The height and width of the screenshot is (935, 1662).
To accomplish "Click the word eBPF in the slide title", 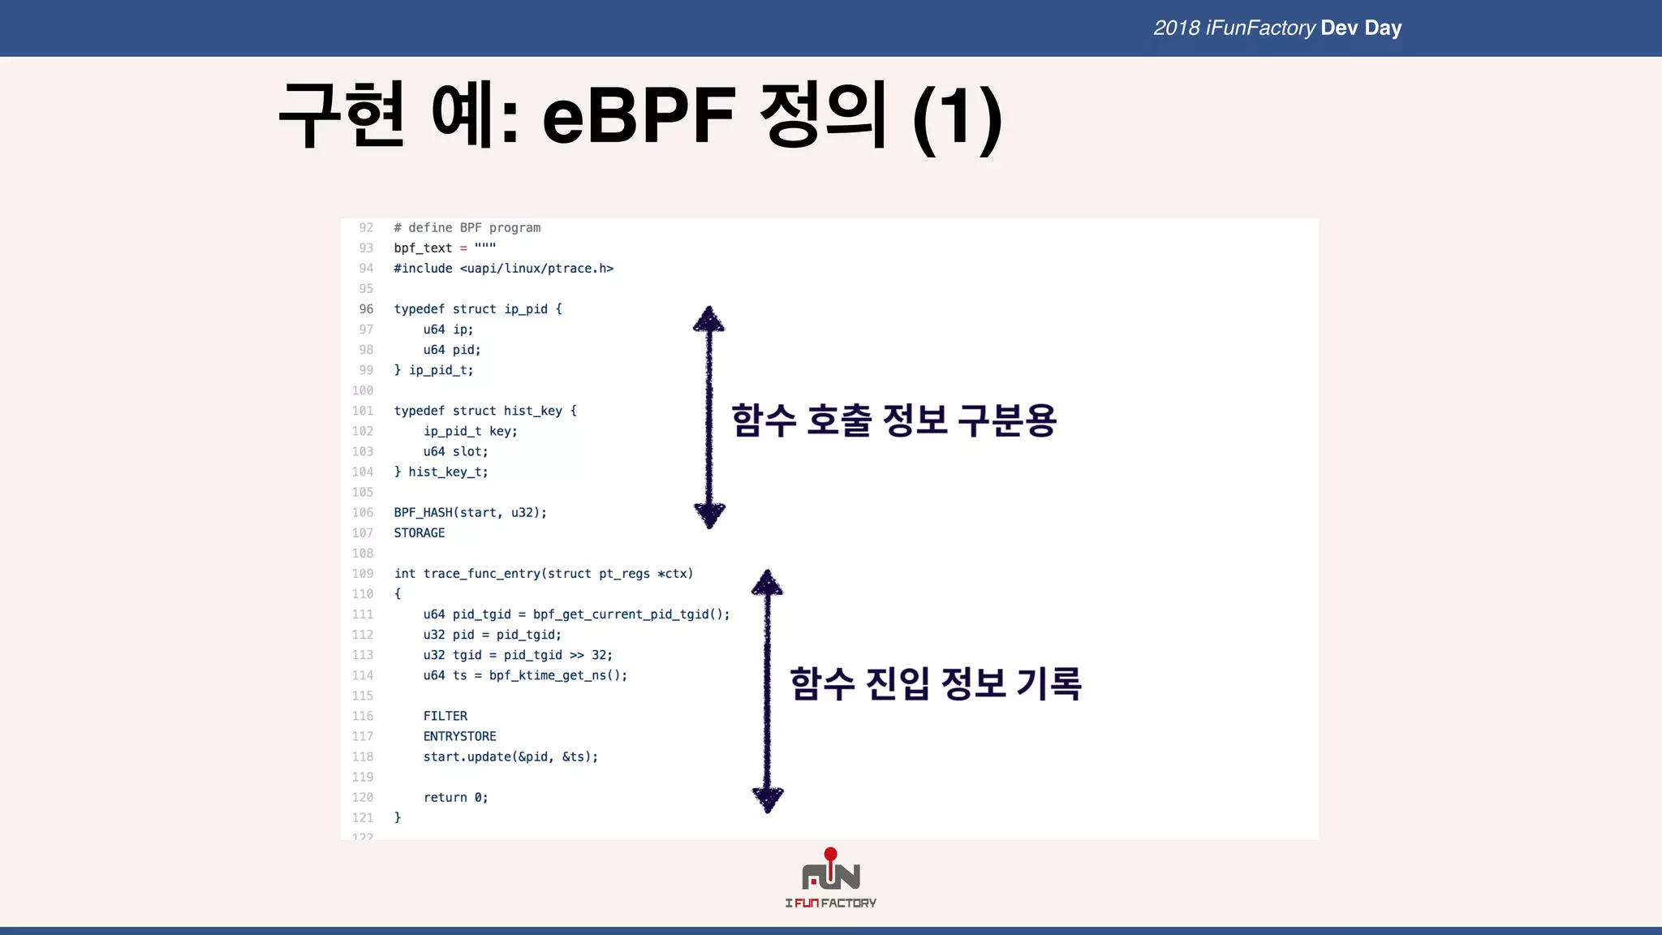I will point(638,116).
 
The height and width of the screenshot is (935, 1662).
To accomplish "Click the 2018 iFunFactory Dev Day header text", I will point(1277,28).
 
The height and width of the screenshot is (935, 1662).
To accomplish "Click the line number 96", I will point(366,309).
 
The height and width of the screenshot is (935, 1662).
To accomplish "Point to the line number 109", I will point(363,574).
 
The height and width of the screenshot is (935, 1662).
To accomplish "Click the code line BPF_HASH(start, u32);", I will point(470,513).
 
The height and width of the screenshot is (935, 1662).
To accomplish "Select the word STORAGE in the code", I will point(419,533).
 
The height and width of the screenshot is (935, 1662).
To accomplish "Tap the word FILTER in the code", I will point(445,716).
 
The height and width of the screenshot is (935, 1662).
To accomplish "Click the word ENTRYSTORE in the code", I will point(459,736).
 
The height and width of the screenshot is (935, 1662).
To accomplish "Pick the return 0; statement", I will point(455,798).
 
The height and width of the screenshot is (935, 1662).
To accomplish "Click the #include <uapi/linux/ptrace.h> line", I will point(503,269).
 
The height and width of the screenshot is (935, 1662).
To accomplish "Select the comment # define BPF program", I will point(467,228).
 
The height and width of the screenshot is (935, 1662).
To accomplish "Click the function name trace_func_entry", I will point(481,574).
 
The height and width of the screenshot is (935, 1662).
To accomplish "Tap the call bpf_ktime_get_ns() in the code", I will point(558,675).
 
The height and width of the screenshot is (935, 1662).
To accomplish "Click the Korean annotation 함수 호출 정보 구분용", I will point(893,420).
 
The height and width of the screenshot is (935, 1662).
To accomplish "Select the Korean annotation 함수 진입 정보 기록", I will point(935,683).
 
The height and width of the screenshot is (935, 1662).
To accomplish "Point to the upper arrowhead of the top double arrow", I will point(708,319).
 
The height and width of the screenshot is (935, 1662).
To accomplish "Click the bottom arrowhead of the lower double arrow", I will point(767,799).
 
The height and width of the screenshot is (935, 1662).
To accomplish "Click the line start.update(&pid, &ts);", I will point(510,757).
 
